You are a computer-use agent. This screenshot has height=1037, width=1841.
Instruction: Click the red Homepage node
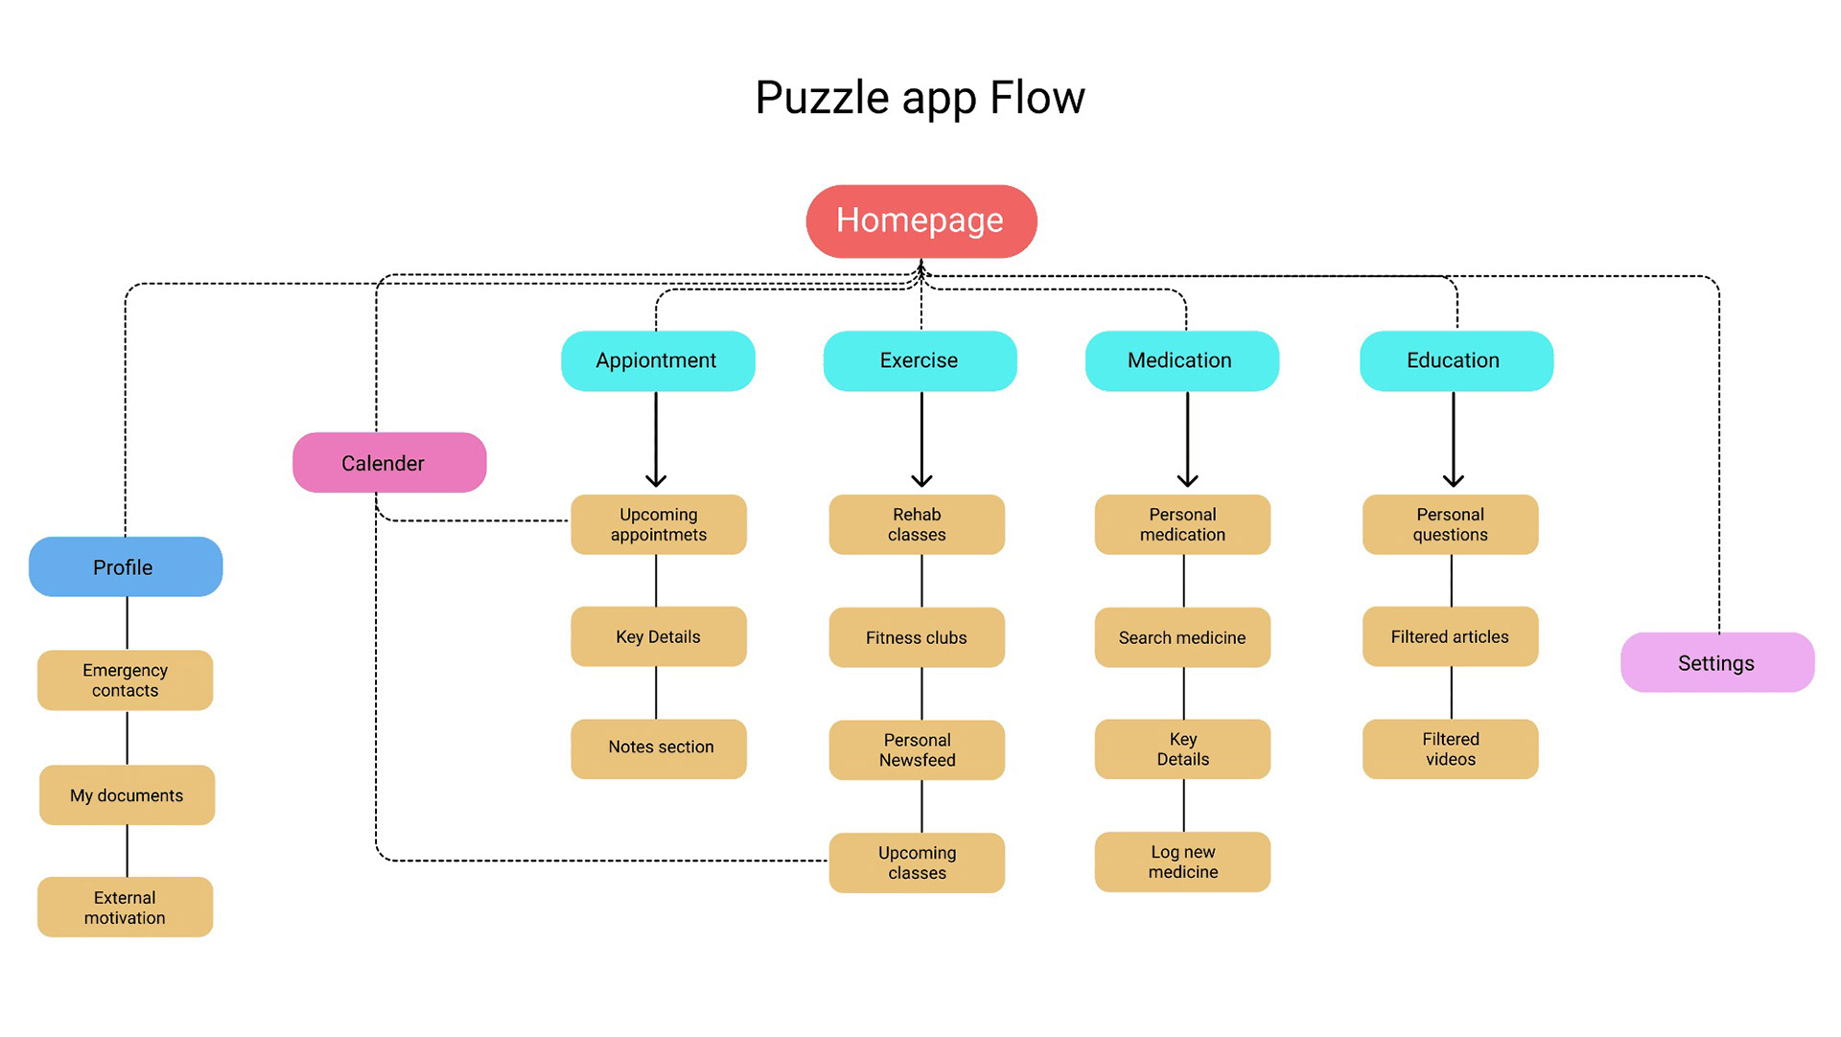point(920,221)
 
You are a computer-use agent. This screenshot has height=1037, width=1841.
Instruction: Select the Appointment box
point(658,360)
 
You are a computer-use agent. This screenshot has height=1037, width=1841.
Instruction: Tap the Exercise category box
point(920,360)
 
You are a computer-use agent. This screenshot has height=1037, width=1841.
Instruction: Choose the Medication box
point(1181,360)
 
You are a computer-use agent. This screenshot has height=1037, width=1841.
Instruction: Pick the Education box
point(1456,360)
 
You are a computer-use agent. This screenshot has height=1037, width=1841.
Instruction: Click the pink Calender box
point(389,463)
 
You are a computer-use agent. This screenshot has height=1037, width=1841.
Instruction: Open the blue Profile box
point(126,567)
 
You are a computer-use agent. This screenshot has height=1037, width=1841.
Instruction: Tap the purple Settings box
point(1716,663)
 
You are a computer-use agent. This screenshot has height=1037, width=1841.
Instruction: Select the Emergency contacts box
point(125,680)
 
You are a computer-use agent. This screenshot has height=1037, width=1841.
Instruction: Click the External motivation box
point(125,908)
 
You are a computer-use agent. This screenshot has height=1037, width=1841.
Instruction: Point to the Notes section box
point(659,748)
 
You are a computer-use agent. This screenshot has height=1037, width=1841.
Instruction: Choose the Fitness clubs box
point(917,637)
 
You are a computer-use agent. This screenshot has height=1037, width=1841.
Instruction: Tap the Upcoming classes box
point(917,863)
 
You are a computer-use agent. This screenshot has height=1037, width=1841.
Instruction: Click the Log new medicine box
point(1182,862)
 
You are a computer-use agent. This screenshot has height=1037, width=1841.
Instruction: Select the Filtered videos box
point(1450,749)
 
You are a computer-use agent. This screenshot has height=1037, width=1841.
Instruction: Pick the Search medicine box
point(1182,637)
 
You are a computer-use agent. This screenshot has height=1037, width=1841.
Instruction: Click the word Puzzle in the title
point(822,99)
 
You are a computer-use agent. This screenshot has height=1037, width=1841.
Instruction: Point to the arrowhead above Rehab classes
point(921,479)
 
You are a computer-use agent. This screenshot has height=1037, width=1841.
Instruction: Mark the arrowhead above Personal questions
point(1453,479)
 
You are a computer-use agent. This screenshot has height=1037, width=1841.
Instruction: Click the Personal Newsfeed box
point(917,749)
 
